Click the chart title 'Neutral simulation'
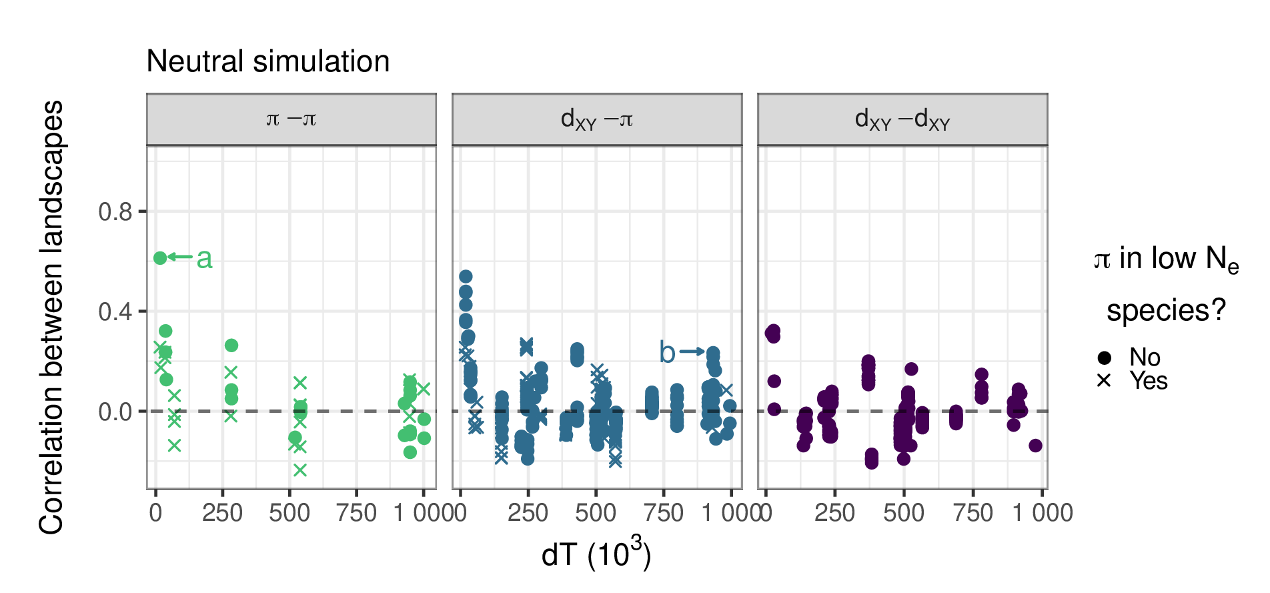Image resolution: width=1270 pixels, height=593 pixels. (267, 61)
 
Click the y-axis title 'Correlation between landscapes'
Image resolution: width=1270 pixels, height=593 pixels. (51, 317)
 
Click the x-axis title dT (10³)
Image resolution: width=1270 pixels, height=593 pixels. (596, 553)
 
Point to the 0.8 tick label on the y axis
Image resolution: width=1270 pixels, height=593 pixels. (115, 212)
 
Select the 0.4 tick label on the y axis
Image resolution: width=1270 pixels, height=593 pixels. (115, 312)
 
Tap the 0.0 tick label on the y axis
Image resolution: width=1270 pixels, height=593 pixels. (115, 412)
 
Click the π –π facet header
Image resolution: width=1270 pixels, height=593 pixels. (291, 119)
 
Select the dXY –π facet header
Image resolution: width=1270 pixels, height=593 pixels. (596, 119)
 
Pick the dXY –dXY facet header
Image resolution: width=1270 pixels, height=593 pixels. (902, 119)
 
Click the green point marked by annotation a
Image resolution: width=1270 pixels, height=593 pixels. (160, 257)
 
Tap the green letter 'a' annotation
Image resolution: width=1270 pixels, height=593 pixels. (204, 258)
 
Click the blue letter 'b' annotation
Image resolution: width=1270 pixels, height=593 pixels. (667, 352)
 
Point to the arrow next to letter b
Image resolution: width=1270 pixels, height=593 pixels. (692, 352)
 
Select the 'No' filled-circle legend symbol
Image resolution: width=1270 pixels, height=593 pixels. (1104, 358)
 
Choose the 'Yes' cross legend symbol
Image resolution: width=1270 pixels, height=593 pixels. (1104, 381)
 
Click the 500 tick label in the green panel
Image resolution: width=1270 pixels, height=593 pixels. (289, 513)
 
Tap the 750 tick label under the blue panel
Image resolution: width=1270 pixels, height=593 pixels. (663, 513)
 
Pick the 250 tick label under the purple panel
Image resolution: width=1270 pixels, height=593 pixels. (834, 513)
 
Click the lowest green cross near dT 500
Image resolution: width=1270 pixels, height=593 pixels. (300, 470)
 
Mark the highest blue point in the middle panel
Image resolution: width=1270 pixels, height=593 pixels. (466, 276)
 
